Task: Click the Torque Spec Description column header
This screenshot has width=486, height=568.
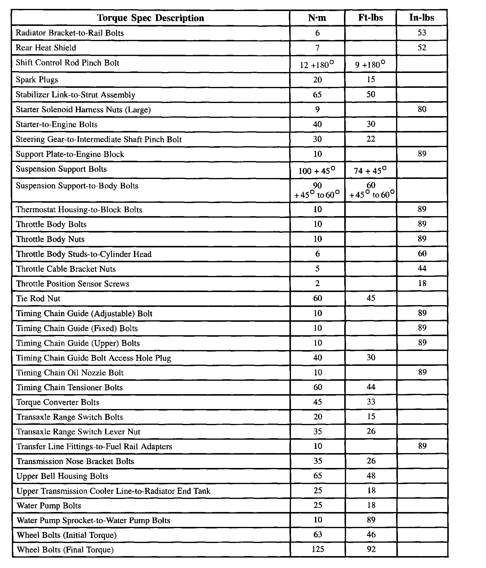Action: pyautogui.click(x=150, y=18)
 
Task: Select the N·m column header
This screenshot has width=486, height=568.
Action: pyautogui.click(x=317, y=18)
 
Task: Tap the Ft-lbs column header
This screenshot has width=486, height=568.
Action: pyautogui.click(x=370, y=18)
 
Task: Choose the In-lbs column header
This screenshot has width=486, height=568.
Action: pyautogui.click(x=422, y=18)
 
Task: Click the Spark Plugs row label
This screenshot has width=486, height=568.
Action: pyautogui.click(x=37, y=80)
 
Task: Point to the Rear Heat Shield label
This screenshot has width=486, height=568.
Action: pyautogui.click(x=46, y=48)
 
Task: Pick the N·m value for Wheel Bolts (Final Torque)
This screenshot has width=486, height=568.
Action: pyautogui.click(x=317, y=549)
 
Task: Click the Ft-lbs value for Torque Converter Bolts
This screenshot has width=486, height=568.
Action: pyautogui.click(x=371, y=402)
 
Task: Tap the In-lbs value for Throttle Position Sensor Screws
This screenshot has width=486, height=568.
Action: pyautogui.click(x=422, y=283)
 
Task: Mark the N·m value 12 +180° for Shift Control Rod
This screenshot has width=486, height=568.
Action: pyautogui.click(x=317, y=65)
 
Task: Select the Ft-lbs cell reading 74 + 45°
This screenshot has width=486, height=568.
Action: pyautogui.click(x=370, y=171)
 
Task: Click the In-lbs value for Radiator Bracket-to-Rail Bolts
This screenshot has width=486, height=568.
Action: pyautogui.click(x=422, y=33)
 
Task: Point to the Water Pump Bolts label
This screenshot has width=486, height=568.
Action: pyautogui.click(x=49, y=506)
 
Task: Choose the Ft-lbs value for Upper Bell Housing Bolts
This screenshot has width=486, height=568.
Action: pyautogui.click(x=371, y=476)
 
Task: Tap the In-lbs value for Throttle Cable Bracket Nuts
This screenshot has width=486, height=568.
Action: pyautogui.click(x=422, y=269)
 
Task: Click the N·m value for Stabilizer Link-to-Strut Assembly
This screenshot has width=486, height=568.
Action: pyautogui.click(x=317, y=95)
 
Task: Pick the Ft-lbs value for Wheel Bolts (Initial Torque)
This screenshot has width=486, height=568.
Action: pyautogui.click(x=371, y=535)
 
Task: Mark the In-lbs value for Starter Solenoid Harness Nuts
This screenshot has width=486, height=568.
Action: pyautogui.click(x=422, y=109)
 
